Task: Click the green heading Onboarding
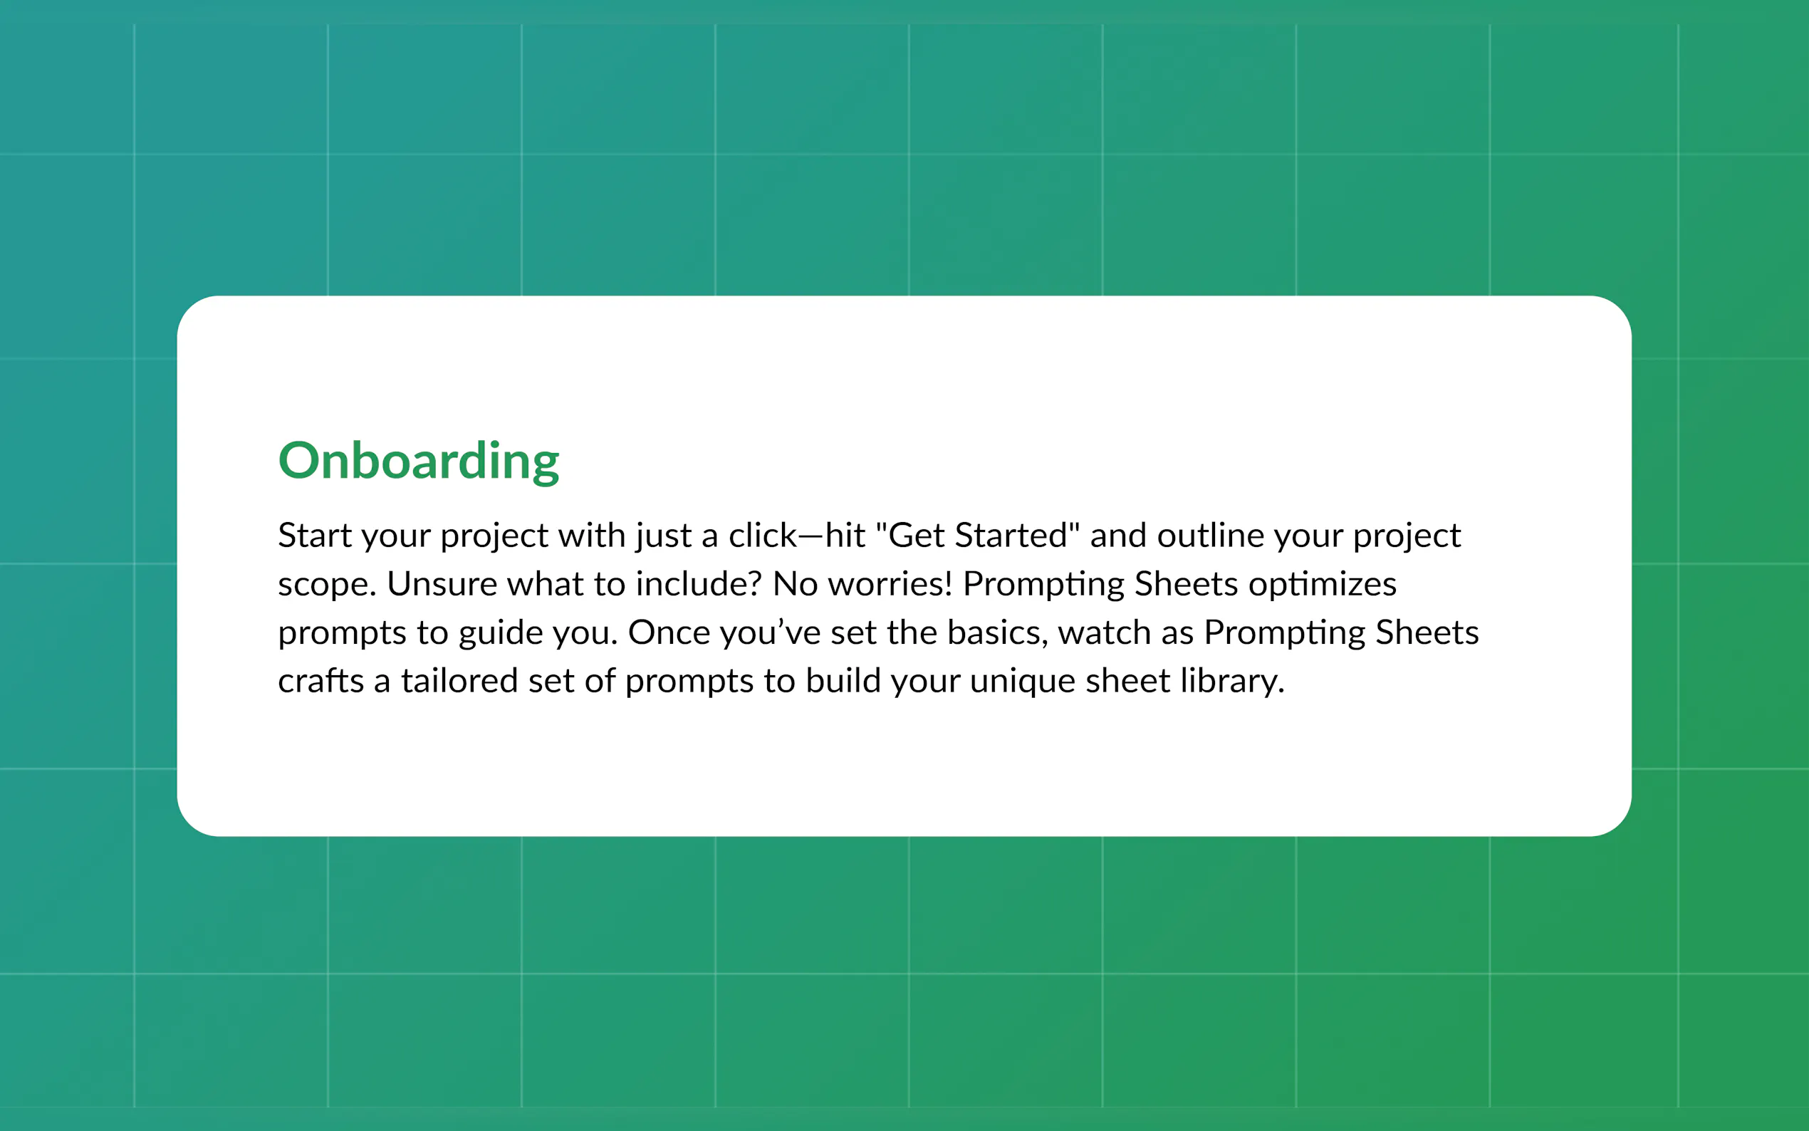pos(418,461)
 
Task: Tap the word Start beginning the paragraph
pos(315,536)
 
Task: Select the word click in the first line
pos(763,536)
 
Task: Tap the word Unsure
pos(442,583)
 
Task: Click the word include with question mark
pos(699,583)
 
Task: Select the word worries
pos(890,583)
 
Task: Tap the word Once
pos(669,633)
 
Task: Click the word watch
pos(1104,633)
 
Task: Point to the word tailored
pos(459,682)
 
